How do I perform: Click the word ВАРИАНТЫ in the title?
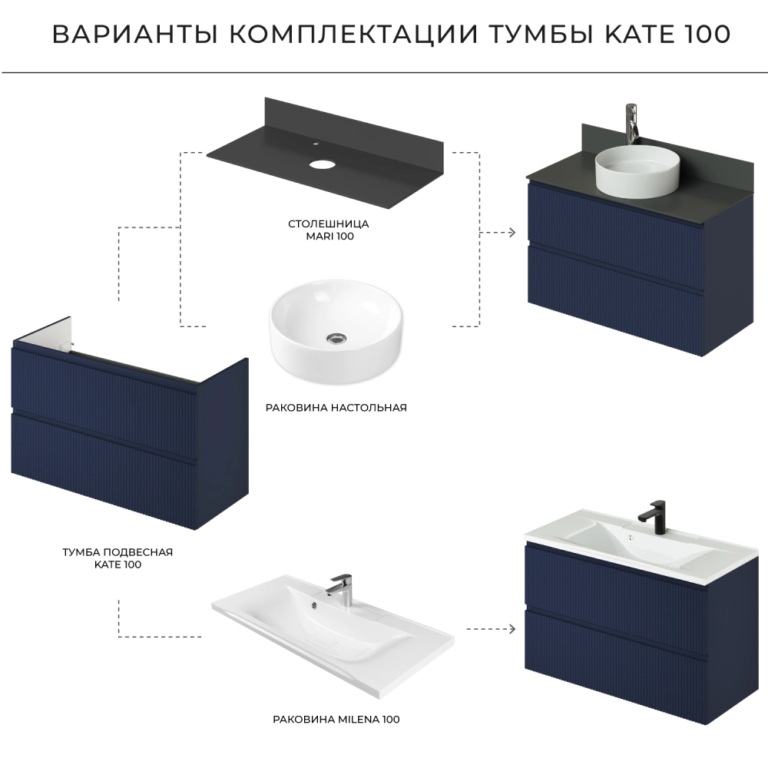[134, 35]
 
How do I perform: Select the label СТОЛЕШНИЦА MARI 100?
[329, 230]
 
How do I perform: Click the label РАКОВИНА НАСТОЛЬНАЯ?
[336, 408]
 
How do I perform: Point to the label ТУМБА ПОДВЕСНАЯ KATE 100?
[118, 558]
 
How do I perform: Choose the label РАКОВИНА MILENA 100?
[336, 720]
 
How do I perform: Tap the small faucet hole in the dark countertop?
[316, 144]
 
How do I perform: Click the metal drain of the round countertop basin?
[337, 337]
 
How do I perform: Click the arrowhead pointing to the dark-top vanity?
[512, 232]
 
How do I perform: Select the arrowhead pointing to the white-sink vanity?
[512, 628]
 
